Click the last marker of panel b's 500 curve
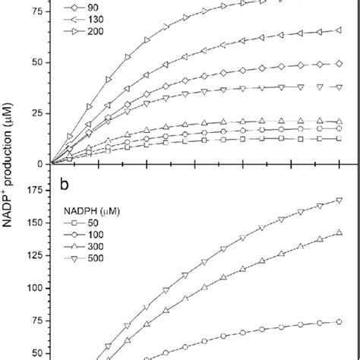(337, 201)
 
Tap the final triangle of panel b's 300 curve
(337, 233)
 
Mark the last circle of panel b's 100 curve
(337, 322)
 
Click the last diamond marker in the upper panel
(337, 64)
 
